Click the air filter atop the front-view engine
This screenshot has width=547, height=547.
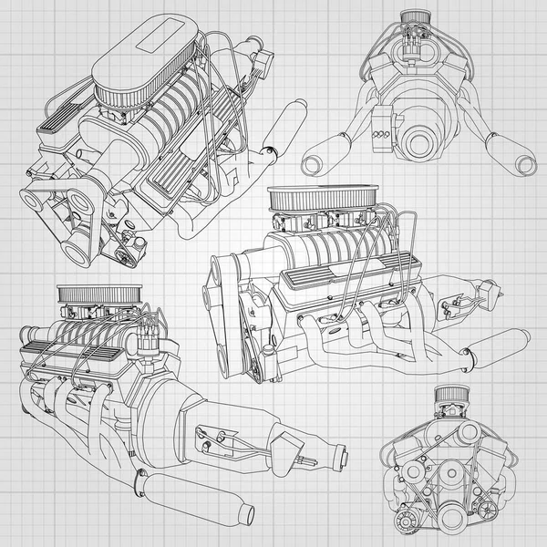449,395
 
